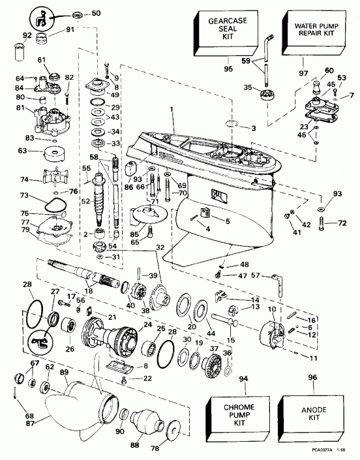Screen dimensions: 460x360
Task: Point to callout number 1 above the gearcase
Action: click(172, 113)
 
